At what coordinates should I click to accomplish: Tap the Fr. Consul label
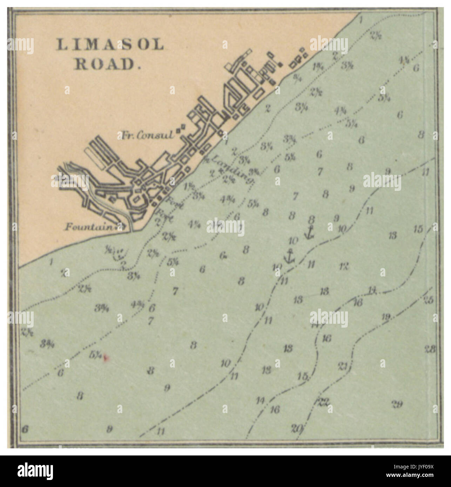(148, 135)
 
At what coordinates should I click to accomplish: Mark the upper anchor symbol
(309, 232)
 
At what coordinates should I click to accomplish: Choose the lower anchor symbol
(290, 256)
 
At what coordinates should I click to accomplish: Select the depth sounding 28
(430, 349)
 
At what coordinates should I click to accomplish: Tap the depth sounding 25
(429, 300)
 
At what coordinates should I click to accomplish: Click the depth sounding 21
(343, 366)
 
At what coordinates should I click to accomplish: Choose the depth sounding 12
(344, 266)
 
